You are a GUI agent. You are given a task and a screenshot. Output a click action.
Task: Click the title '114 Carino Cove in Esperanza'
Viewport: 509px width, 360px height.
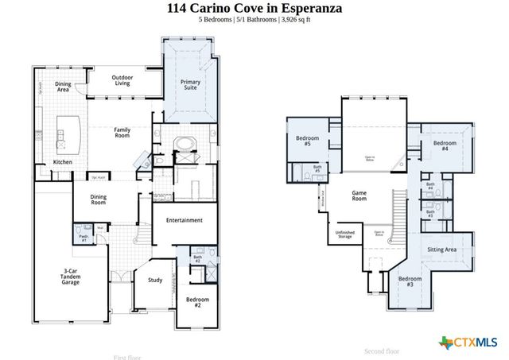[254, 8]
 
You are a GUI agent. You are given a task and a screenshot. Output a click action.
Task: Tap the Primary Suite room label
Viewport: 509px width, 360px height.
[190, 85]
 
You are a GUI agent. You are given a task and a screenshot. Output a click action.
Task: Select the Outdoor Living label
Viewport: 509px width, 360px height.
[122, 79]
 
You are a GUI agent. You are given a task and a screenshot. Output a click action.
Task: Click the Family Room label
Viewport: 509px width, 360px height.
[122, 132]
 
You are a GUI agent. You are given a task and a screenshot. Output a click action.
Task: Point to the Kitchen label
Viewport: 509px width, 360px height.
[62, 162]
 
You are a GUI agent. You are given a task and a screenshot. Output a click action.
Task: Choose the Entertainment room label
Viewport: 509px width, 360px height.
[184, 220]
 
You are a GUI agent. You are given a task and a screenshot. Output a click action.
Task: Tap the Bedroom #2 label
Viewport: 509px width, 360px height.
[197, 302]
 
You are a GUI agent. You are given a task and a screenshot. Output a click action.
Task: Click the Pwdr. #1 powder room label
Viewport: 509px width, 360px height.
[84, 238]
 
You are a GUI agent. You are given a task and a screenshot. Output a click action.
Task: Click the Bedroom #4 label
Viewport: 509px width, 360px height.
[445, 146]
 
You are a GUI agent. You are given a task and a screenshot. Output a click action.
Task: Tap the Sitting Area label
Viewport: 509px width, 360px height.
[441, 250]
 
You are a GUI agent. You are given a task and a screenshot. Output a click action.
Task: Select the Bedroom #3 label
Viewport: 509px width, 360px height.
[410, 281]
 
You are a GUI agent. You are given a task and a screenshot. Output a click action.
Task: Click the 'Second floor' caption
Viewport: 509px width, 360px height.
[382, 350]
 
